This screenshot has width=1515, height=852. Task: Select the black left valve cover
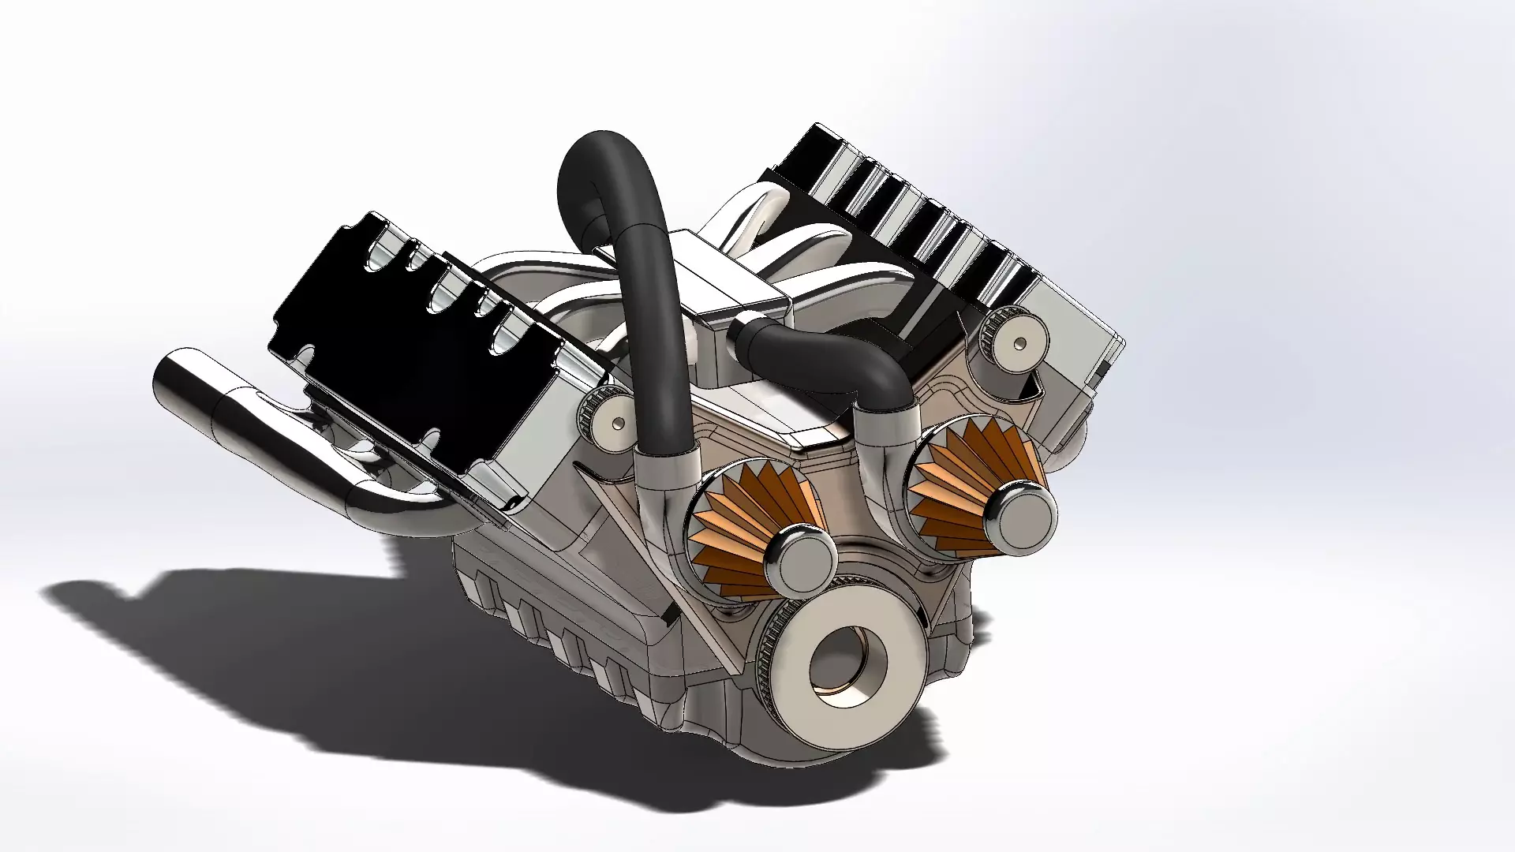tap(395, 339)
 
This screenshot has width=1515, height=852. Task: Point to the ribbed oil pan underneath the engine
tap(552, 623)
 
